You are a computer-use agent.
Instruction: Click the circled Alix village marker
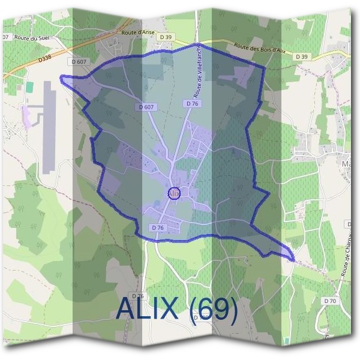coord(173,193)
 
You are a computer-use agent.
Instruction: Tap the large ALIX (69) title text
coord(177,308)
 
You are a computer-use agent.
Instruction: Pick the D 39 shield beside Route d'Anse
coord(166,37)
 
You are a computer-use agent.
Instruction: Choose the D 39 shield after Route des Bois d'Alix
coord(301,56)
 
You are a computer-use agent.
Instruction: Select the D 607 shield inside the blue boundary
coord(146,107)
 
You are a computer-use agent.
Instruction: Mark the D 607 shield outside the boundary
coord(79,61)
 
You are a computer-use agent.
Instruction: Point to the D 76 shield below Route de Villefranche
coord(192,104)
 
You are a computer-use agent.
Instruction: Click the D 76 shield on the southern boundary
coord(158,228)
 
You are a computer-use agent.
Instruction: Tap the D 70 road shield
coord(330,301)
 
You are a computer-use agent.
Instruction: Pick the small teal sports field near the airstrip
coord(28,87)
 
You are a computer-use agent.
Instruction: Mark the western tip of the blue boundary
coord(61,77)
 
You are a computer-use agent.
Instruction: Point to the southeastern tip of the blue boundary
coord(293,259)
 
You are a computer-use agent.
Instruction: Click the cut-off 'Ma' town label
coord(346,163)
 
